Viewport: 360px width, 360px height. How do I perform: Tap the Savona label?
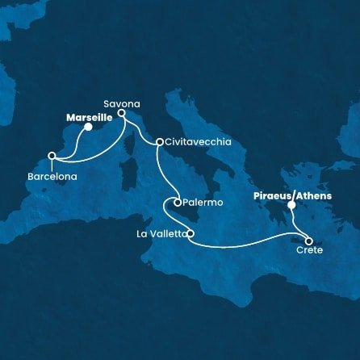click(x=121, y=103)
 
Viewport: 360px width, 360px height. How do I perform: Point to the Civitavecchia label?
click(x=199, y=142)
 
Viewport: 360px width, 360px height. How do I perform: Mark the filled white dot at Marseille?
click(x=88, y=127)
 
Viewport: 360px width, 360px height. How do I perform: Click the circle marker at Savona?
click(x=121, y=114)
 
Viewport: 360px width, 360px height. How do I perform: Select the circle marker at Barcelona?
click(x=52, y=156)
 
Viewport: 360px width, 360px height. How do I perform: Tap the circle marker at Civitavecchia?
click(x=159, y=142)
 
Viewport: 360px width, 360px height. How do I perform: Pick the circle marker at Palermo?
click(x=177, y=203)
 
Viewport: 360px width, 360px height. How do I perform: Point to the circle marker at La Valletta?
click(x=190, y=235)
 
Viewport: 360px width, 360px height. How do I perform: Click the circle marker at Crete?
click(x=308, y=240)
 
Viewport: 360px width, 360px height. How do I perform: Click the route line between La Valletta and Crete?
click(x=250, y=240)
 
